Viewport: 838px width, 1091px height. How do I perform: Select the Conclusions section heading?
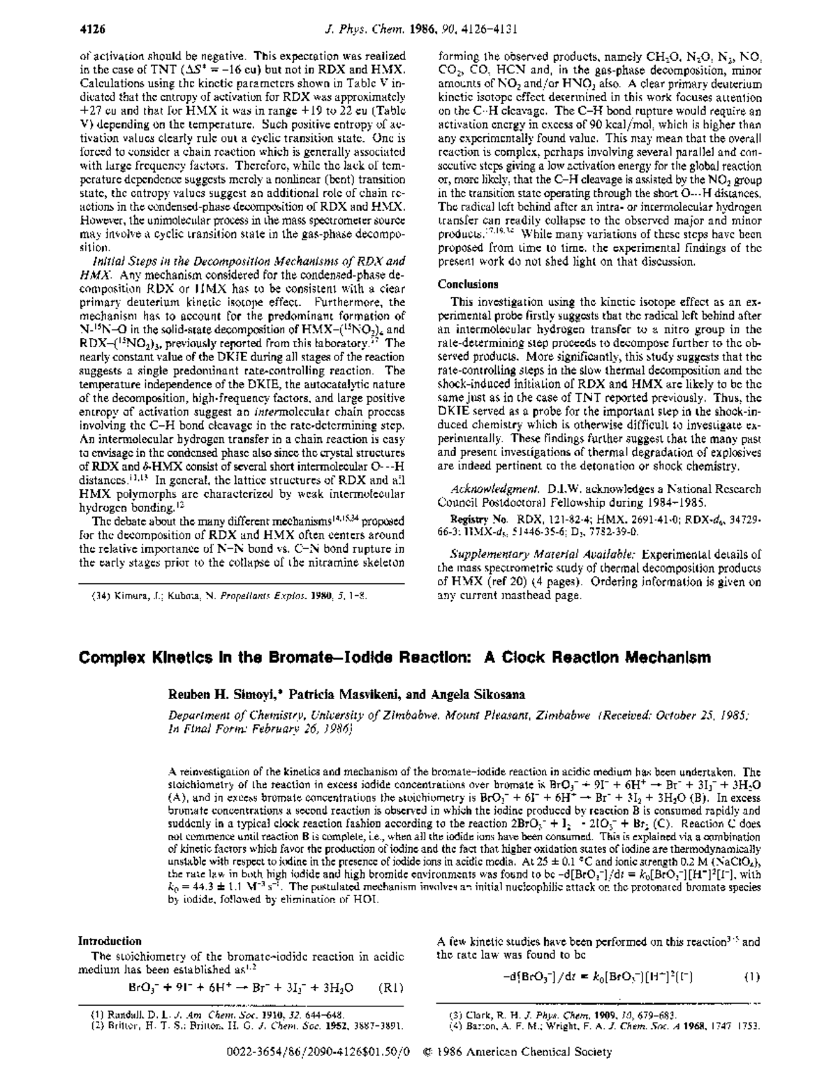(467, 284)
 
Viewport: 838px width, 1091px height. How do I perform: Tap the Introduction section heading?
(110, 941)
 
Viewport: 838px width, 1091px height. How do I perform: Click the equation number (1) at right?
(751, 977)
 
